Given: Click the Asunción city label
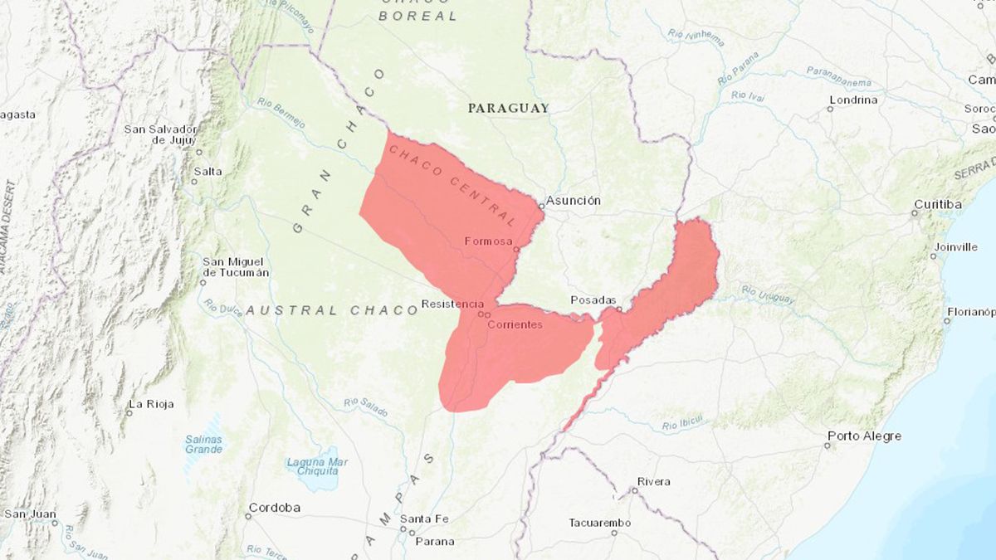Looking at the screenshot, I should point(574,201).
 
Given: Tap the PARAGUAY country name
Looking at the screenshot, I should point(508,108).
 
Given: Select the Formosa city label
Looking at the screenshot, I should point(489,241).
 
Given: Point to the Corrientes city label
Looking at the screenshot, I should point(515,324).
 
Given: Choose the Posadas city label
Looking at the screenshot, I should point(593,300).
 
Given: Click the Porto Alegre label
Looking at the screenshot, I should point(864,436).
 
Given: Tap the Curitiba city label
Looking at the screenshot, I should point(938,204).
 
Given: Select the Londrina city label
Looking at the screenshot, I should point(852,100).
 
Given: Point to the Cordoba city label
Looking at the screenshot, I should point(274,507).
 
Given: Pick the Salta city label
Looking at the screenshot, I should point(207,171).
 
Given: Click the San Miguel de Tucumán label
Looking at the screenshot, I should point(236,266).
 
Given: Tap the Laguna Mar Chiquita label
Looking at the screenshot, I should point(317,468).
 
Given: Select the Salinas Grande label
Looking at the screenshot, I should point(203,444).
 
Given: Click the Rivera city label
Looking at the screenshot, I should point(653,481).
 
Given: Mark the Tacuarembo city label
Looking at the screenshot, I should point(599,523).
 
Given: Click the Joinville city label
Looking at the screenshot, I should point(954,246).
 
